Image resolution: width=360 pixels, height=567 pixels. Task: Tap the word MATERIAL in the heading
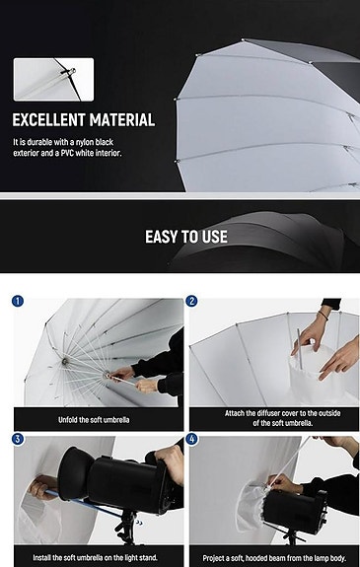click(123, 120)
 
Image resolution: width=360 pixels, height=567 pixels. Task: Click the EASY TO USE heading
click(185, 237)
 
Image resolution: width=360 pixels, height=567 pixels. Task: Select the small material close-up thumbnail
click(53, 79)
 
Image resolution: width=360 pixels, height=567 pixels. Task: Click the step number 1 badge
click(18, 301)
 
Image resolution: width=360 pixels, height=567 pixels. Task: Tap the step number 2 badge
click(192, 301)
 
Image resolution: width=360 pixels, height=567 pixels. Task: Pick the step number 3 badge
click(18, 438)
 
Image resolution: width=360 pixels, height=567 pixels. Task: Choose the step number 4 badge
click(192, 438)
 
